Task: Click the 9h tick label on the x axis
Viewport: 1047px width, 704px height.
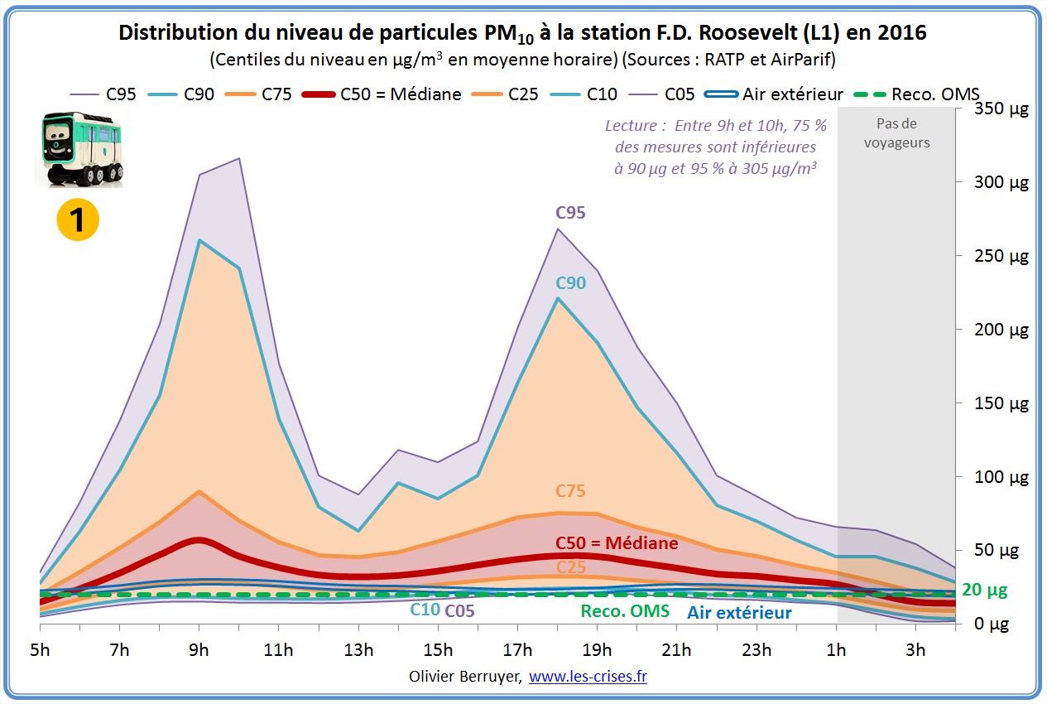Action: [x=199, y=649]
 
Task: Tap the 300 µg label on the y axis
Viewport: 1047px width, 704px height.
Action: [x=1001, y=183]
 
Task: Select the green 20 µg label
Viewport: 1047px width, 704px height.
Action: [x=984, y=590]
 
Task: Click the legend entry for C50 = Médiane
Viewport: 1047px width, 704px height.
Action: [x=384, y=94]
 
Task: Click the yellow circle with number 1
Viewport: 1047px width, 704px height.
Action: [x=78, y=219]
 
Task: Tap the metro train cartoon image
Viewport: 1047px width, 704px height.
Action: [x=80, y=149]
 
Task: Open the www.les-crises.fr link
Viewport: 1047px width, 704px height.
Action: [x=588, y=677]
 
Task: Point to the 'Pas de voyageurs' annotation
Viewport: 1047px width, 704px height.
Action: [x=896, y=133]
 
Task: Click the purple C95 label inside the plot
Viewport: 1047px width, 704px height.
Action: [x=570, y=213]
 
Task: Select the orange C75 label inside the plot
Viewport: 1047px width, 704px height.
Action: [x=570, y=491]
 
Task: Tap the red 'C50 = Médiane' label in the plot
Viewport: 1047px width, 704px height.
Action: [x=617, y=543]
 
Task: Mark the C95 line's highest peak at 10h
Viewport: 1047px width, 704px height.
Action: [x=239, y=158]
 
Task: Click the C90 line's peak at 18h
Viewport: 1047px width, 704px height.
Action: [x=558, y=298]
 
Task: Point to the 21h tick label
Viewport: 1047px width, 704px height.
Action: [x=676, y=649]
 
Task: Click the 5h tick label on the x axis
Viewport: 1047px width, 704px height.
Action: [x=40, y=649]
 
